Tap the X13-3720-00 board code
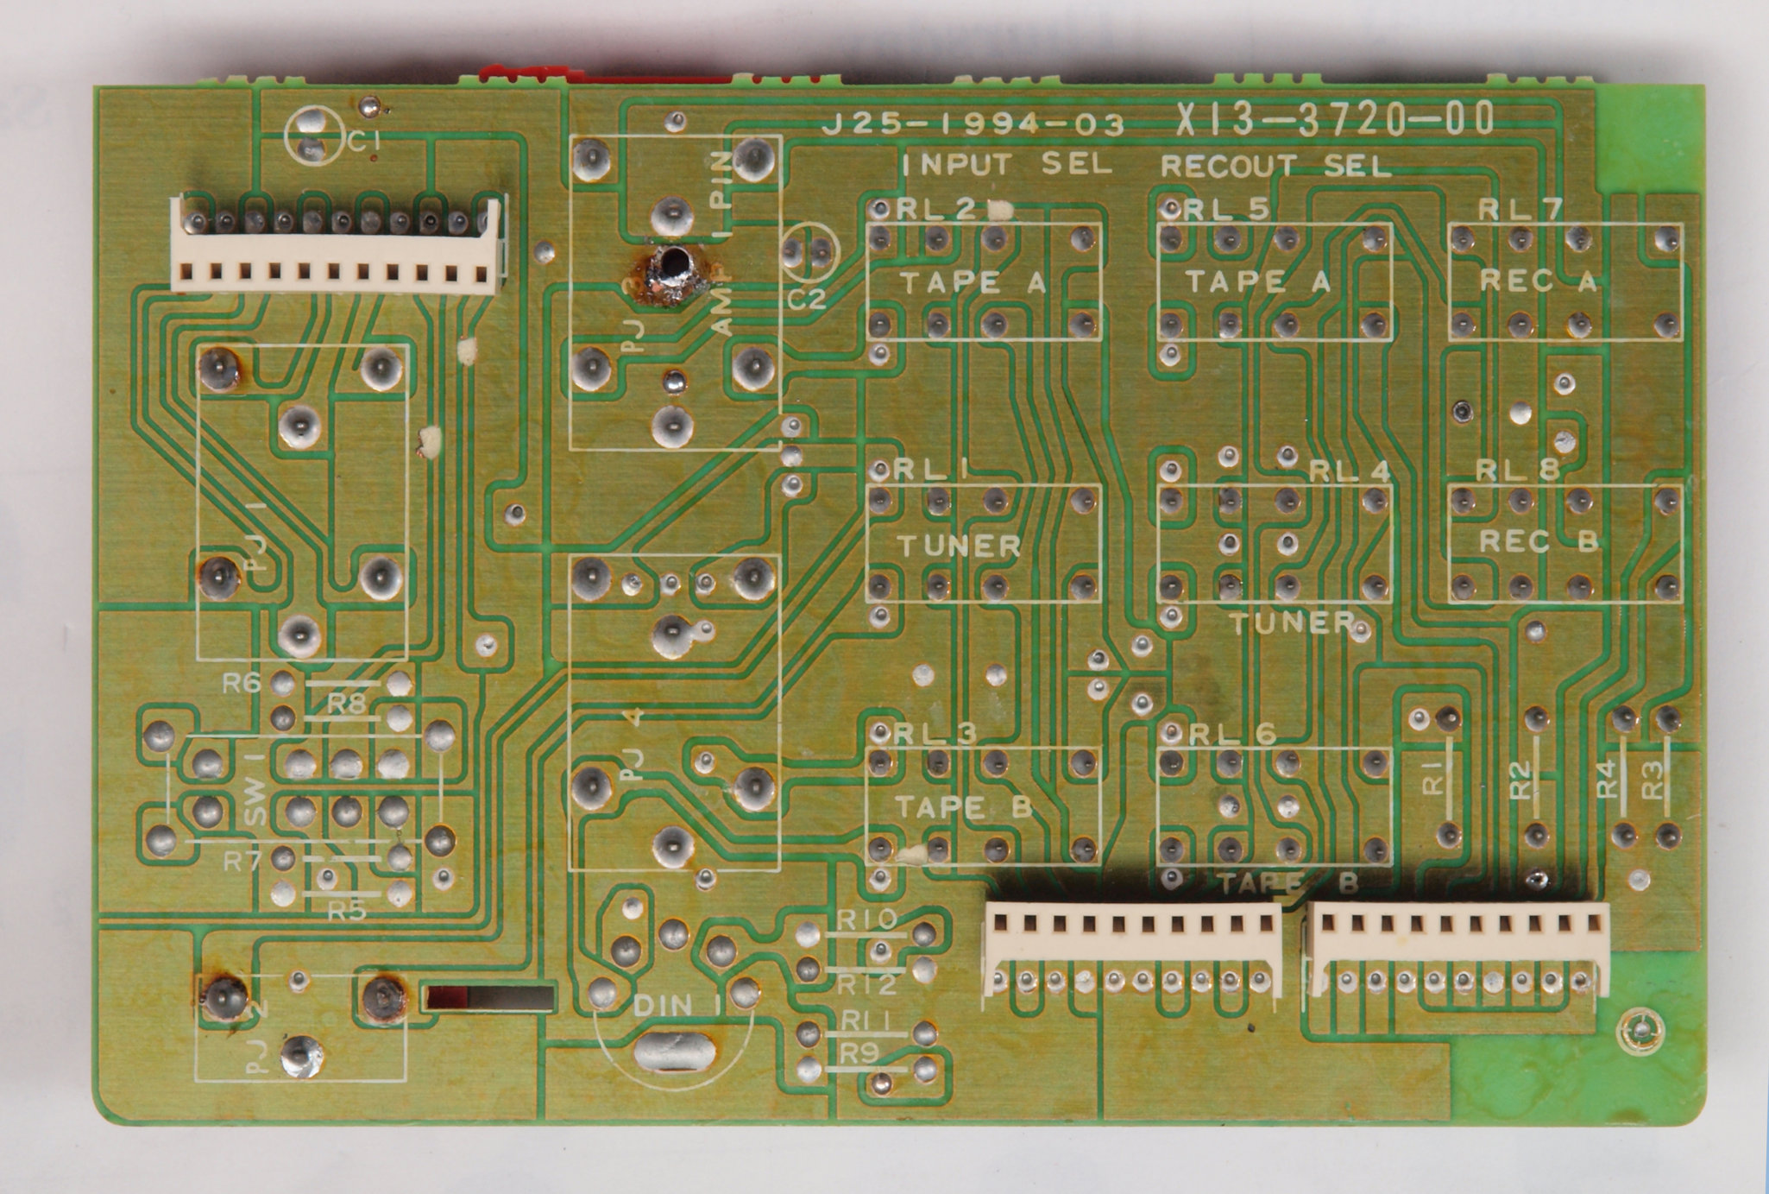[1334, 120]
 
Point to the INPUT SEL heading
[1006, 164]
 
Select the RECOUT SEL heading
[1275, 165]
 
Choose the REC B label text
[1539, 541]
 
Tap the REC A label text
[1539, 281]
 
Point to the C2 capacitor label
[807, 299]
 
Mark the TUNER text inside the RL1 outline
[960, 546]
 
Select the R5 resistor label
[349, 912]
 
